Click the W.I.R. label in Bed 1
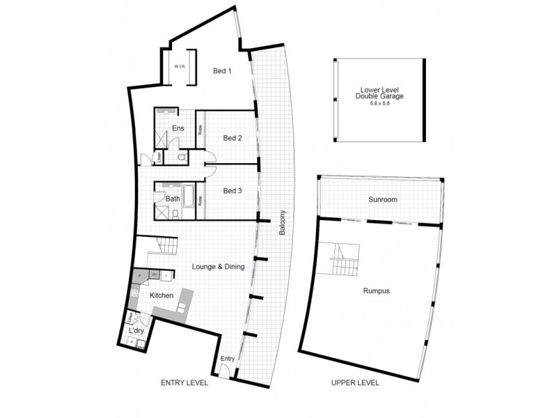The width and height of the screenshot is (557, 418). pos(178,68)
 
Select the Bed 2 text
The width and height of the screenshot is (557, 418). pos(232,138)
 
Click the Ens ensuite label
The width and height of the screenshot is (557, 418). pos(178,128)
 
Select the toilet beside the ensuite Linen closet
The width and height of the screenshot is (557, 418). pos(182,159)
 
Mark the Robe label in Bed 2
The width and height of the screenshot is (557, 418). pos(201,130)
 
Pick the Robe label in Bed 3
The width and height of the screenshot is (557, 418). pos(201,201)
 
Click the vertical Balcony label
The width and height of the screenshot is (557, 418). pos(283,222)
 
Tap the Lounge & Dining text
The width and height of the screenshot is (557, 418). pos(217,266)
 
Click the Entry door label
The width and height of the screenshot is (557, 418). pos(227,359)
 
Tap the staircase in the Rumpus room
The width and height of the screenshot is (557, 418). pos(345,259)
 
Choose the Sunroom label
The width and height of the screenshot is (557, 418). pos(382,200)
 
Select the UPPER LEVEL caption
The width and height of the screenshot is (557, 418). pos(355,382)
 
